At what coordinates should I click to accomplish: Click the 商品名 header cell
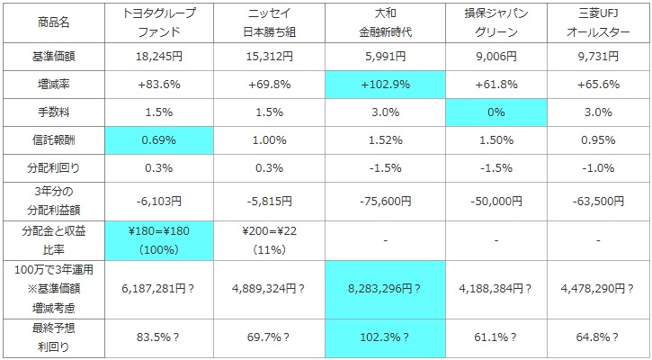(x=51, y=22)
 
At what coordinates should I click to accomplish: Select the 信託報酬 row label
(x=51, y=140)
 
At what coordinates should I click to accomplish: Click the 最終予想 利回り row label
(x=51, y=338)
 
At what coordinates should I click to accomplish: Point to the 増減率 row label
(x=51, y=85)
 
